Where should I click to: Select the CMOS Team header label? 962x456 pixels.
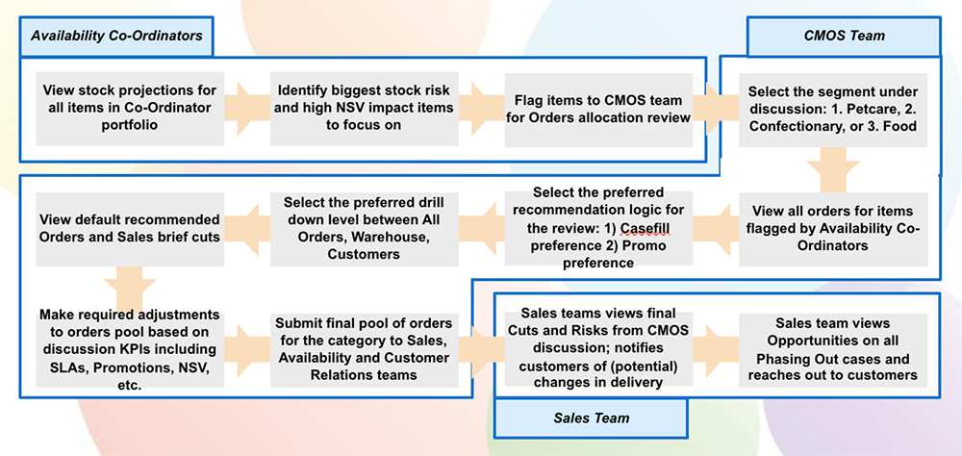[844, 36]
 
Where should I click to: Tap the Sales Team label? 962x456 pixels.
[591, 418]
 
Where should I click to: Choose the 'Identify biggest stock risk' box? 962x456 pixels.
[363, 107]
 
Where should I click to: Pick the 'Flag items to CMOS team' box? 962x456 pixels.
[598, 107]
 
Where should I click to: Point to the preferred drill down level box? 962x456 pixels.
[363, 228]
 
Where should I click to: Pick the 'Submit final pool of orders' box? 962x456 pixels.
[363, 348]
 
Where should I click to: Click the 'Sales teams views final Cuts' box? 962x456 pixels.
[598, 348]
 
